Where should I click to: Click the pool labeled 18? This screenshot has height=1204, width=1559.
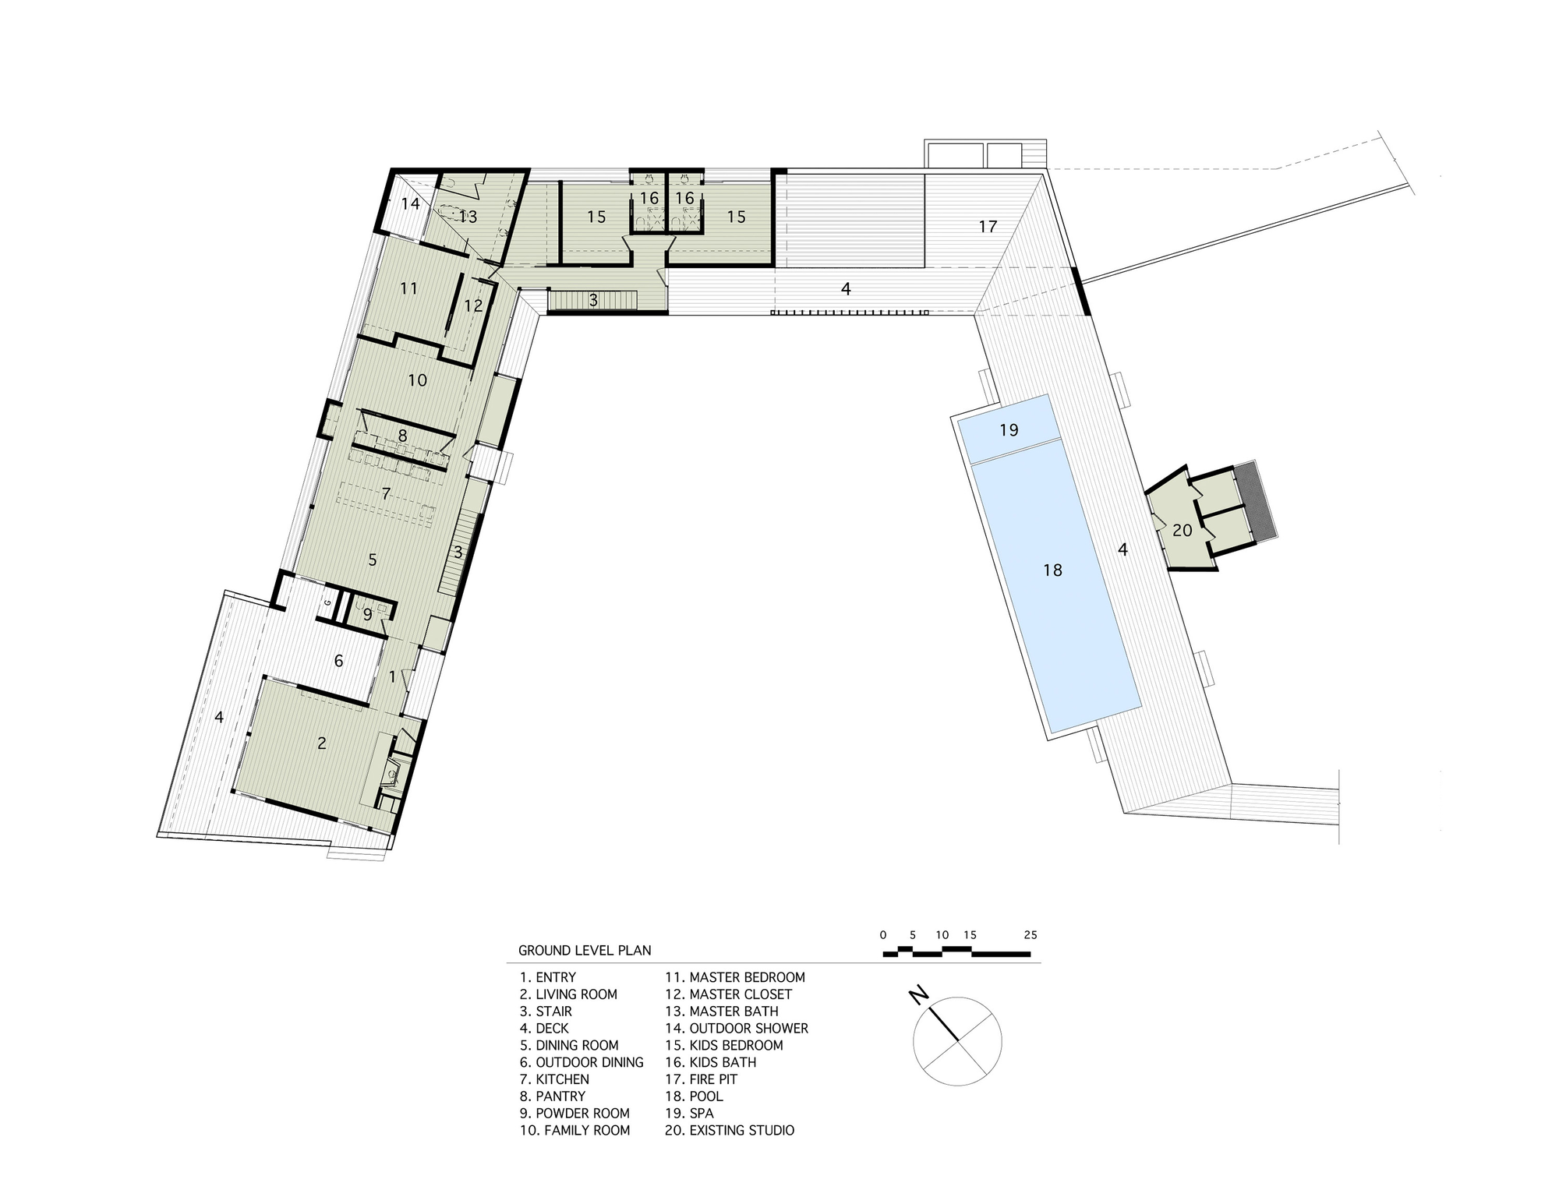(x=1052, y=592)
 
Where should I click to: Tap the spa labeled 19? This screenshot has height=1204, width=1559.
(x=1009, y=430)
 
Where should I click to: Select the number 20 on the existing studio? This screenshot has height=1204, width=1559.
(x=1183, y=531)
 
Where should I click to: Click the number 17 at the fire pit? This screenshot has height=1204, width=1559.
(x=988, y=227)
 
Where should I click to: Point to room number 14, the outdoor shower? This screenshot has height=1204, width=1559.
(x=411, y=204)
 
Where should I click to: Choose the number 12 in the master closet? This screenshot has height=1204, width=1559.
(x=473, y=306)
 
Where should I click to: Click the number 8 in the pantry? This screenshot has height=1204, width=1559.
(x=402, y=436)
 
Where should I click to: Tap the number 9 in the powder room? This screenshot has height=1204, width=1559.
(x=368, y=614)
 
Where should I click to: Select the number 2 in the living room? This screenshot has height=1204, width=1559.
(x=322, y=743)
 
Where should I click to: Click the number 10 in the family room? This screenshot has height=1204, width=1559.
(x=418, y=380)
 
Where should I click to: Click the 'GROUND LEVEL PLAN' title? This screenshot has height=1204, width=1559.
(x=585, y=951)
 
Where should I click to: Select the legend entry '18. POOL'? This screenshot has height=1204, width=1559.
(x=694, y=1096)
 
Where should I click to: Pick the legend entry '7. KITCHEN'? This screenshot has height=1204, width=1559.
(x=554, y=1079)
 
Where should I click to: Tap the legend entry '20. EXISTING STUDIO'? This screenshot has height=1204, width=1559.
(x=730, y=1131)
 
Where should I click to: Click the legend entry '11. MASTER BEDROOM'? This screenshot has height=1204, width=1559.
(x=735, y=977)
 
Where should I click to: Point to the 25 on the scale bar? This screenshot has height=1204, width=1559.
(x=1030, y=935)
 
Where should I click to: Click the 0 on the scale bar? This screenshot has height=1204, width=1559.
(x=883, y=935)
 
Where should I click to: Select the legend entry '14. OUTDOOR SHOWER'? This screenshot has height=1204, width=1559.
(x=737, y=1029)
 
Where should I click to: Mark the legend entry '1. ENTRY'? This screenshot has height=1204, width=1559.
(x=548, y=977)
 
